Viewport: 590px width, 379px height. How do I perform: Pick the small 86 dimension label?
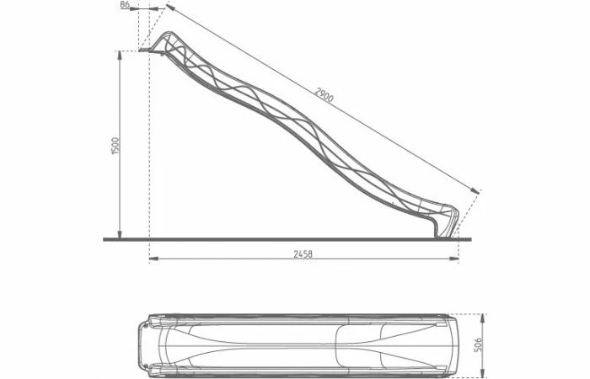point(125,5)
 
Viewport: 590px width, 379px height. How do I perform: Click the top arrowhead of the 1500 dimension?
point(120,54)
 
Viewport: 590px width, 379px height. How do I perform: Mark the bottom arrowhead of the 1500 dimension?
point(120,236)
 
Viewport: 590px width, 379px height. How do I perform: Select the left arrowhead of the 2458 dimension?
point(153,259)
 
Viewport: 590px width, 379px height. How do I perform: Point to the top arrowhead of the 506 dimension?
point(481,317)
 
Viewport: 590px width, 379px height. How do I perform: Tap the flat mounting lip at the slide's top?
point(148,51)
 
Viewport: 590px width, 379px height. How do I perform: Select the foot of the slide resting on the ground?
point(442,235)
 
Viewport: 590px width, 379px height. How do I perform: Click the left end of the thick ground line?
point(105,239)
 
